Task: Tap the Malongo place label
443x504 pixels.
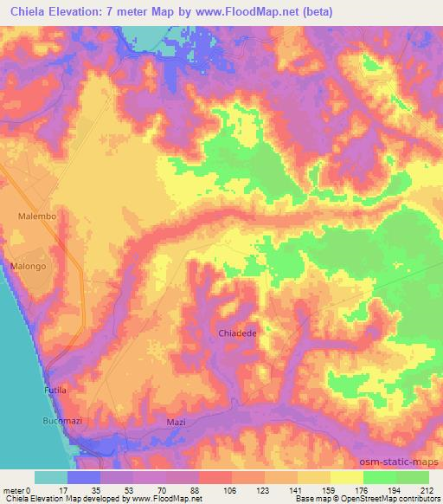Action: click(28, 267)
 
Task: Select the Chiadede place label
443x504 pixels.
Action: click(235, 332)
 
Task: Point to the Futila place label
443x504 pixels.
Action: click(55, 391)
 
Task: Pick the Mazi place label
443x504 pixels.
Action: click(176, 422)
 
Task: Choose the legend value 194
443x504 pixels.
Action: click(395, 489)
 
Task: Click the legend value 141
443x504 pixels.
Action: click(297, 489)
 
